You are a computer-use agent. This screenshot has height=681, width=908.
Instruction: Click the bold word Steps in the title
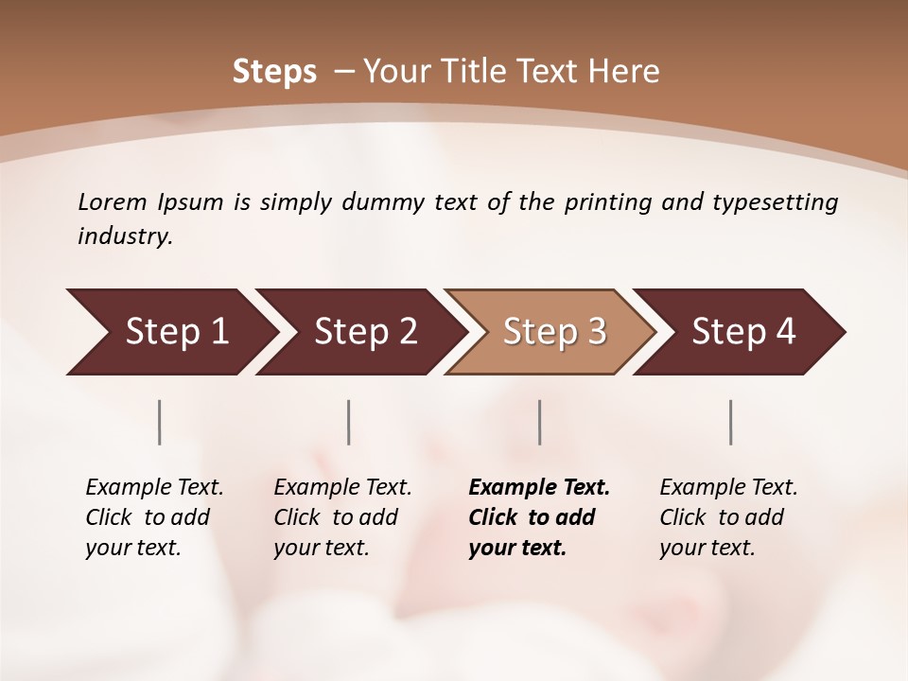click(274, 72)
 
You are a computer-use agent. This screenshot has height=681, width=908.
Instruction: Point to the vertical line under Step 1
click(160, 422)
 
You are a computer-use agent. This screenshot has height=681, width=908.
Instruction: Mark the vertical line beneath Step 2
click(349, 422)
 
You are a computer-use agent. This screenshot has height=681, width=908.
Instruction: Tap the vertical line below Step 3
click(540, 422)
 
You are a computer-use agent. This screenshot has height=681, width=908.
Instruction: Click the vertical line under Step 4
click(731, 422)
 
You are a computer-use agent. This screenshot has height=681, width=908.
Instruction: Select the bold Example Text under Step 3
click(539, 488)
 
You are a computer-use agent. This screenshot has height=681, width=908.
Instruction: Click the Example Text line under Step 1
click(154, 488)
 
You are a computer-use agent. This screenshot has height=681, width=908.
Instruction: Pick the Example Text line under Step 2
click(342, 488)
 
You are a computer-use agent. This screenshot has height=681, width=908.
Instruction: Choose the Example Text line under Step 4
click(728, 488)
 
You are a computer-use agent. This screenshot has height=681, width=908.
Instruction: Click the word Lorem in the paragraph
click(113, 201)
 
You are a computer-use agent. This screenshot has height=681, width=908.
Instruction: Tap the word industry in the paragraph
click(125, 236)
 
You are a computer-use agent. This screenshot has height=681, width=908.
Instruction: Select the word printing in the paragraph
click(605, 202)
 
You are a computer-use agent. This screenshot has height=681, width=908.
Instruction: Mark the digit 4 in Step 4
click(785, 332)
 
